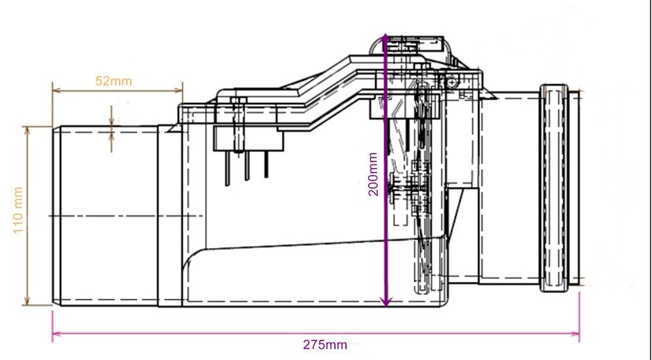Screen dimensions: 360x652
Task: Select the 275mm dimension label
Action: coord(324,344)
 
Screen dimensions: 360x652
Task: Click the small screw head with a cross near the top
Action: coord(451,82)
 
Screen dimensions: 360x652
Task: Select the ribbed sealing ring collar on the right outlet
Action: coord(556,187)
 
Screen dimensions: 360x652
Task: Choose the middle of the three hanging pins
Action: coord(247,166)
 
